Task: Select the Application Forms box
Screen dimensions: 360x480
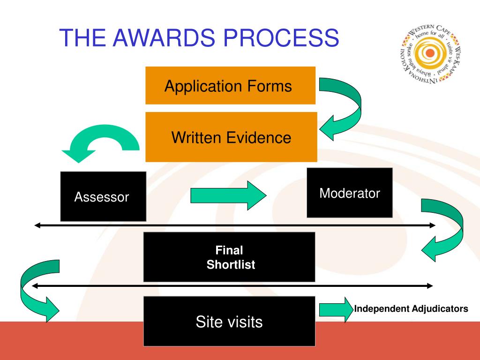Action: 230,86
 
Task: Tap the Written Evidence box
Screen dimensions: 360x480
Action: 231,137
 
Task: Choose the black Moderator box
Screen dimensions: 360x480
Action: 350,193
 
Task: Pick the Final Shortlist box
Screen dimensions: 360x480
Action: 229,257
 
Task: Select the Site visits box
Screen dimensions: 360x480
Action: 229,322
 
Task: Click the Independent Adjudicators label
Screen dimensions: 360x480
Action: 411,309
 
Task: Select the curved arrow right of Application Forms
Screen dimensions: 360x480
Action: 345,109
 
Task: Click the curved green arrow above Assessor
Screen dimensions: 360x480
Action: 101,141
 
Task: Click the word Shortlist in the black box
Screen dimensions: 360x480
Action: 231,265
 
